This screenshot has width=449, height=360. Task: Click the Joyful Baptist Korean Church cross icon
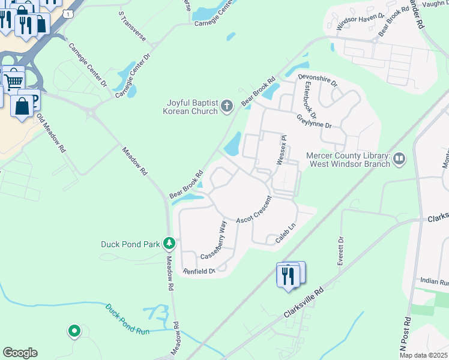(227, 107)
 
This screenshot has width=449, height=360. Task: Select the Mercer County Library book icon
(399, 159)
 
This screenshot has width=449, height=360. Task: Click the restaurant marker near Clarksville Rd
(288, 275)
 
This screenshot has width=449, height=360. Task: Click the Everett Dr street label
(340, 252)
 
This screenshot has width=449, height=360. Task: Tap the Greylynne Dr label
(314, 122)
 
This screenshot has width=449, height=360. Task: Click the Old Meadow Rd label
(50, 133)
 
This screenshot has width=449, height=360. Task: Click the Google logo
(20, 353)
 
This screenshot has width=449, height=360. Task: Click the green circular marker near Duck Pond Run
(74, 330)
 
